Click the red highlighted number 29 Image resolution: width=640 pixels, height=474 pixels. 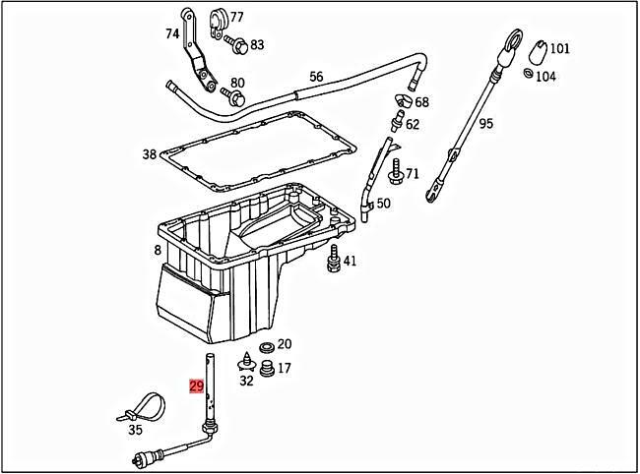click(195, 386)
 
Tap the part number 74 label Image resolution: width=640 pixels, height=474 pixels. click(172, 33)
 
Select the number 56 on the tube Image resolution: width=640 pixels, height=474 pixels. click(316, 76)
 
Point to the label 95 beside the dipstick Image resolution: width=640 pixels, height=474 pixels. click(486, 124)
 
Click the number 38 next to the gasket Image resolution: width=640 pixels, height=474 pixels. click(149, 154)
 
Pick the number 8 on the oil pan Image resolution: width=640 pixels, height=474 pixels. click(157, 251)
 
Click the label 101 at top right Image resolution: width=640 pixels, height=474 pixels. click(559, 48)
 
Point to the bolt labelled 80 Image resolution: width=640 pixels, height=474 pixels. click(233, 96)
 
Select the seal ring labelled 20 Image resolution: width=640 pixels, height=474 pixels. click(265, 347)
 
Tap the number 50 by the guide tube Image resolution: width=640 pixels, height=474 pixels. click(383, 204)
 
